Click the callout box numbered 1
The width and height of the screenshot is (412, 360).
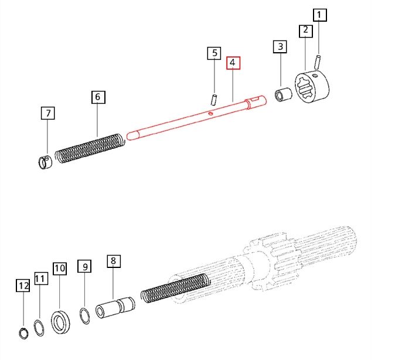click(x=319, y=15)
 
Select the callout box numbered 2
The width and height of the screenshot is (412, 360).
click(x=305, y=30)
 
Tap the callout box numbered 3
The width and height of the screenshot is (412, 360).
click(x=280, y=46)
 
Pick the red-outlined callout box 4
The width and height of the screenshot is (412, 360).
click(x=233, y=63)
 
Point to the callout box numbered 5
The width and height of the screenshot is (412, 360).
click(x=214, y=53)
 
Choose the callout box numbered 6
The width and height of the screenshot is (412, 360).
click(x=98, y=97)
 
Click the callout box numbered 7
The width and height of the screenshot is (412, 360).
click(x=47, y=113)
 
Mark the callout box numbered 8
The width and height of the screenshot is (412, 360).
click(x=113, y=261)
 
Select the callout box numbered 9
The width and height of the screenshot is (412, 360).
click(x=85, y=267)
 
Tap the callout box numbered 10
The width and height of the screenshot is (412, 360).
click(x=59, y=269)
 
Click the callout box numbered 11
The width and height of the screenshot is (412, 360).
click(x=39, y=279)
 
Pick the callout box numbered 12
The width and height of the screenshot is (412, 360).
click(x=22, y=286)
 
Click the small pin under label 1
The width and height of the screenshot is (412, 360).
click(x=319, y=60)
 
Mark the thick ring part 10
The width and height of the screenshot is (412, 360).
click(x=60, y=322)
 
